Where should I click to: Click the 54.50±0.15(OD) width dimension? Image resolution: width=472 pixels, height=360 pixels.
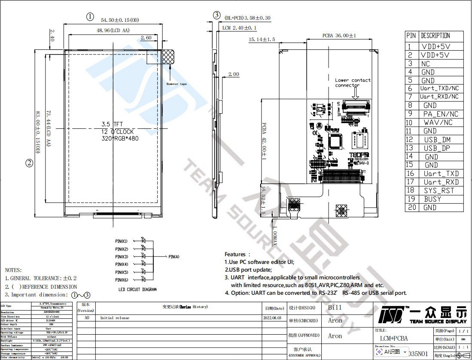tap(120, 20)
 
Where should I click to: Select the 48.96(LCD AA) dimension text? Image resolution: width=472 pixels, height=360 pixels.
tap(113, 30)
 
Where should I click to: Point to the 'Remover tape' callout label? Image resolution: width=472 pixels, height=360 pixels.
tap(177, 84)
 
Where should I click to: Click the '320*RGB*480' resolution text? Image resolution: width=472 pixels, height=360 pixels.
tap(120, 139)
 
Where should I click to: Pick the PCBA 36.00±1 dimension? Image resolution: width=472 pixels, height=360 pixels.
tap(339, 36)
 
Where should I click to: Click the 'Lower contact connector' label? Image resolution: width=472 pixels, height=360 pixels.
tap(353, 82)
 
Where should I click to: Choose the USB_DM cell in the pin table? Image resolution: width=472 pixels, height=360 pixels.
tap(437, 139)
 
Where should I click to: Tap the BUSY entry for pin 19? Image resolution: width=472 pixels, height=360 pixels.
tap(432, 199)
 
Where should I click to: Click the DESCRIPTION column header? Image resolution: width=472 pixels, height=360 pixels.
tap(435, 36)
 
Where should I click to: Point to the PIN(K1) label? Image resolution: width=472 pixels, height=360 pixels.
tap(122, 241)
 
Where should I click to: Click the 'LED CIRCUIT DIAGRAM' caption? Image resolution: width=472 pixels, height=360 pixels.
tap(137, 290)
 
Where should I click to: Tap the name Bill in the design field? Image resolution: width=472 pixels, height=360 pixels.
tap(335, 308)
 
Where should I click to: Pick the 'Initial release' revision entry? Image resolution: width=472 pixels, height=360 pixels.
tap(115, 318)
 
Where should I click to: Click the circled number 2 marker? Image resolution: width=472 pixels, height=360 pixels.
tap(29, 163)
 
